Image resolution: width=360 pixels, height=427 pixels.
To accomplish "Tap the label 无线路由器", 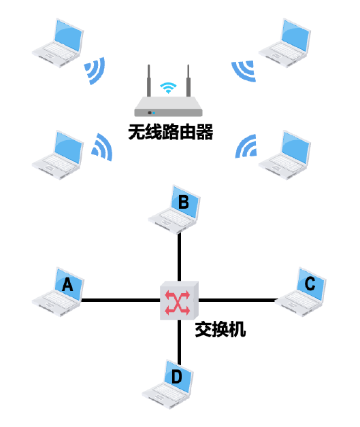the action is (171, 132).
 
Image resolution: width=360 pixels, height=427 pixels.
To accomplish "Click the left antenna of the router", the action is (149, 81).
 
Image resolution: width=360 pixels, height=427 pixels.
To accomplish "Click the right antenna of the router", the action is (188, 81).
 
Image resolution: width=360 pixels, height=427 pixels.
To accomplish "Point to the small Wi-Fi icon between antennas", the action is (168, 88).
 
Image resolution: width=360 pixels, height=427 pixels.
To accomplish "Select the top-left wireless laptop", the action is (58, 43).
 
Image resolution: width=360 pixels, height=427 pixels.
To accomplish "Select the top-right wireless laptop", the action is (284, 43).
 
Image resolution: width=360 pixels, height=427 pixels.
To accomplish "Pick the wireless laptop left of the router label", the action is (58, 154).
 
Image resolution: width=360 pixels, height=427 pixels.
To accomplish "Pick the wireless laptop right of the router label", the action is (284, 154).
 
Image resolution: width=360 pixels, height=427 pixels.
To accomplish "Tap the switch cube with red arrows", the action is (179, 301).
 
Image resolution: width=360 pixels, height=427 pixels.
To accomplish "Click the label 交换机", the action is (220, 330).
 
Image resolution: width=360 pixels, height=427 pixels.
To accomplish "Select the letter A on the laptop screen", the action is (67, 285).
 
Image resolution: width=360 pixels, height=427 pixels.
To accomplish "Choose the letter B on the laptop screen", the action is (184, 203).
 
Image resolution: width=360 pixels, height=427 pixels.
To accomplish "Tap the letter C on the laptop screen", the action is (310, 284).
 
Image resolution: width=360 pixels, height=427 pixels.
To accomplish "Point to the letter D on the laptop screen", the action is (177, 377).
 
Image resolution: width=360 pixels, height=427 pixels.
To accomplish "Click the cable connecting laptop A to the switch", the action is (120, 301).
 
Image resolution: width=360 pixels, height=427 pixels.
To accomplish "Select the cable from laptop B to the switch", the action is (179, 257).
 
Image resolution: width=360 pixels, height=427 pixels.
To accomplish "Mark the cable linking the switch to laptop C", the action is (238, 301).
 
